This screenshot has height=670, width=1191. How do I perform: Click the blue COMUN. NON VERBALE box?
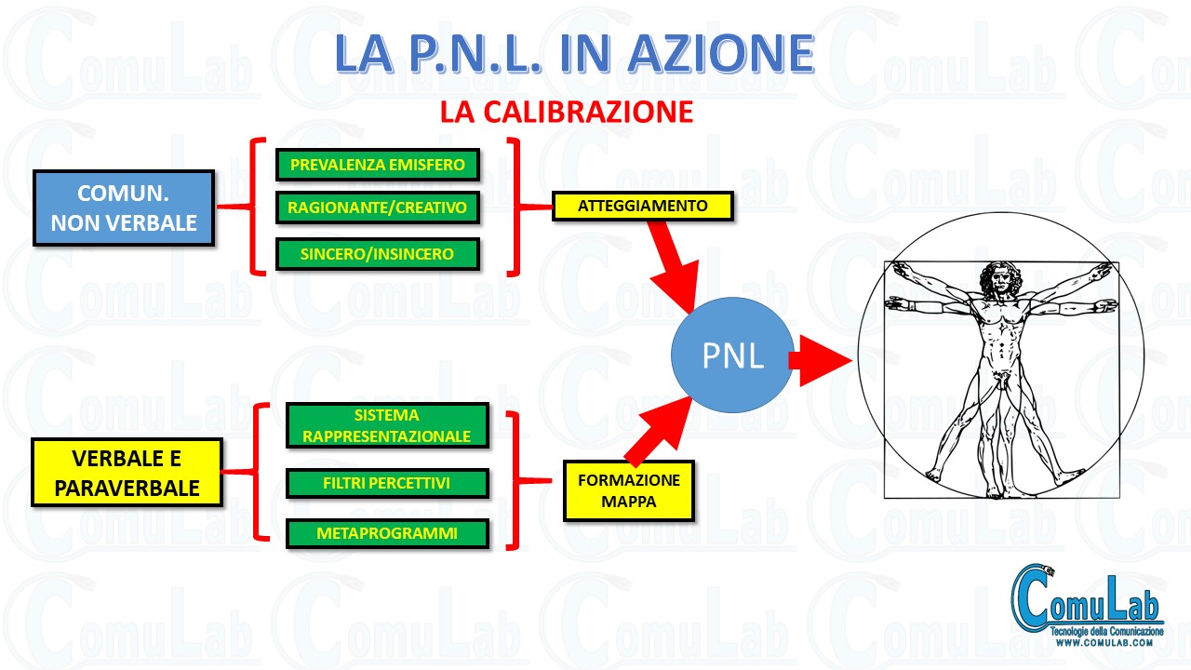[x=124, y=208]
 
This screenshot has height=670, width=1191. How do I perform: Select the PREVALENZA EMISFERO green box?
[x=378, y=165]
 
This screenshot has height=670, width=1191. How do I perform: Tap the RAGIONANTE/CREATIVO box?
[x=378, y=208]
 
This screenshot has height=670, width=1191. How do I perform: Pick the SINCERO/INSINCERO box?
[x=378, y=254]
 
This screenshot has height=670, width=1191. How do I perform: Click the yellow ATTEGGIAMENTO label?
[x=643, y=206]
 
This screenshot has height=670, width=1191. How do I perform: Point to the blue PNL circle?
[x=732, y=355]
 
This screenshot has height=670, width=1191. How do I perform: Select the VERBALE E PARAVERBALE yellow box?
[x=127, y=473]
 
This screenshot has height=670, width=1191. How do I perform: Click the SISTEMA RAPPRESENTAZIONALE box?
[x=387, y=425]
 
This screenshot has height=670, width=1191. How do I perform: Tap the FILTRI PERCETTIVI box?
[x=387, y=483]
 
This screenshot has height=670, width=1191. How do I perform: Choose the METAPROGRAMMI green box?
[x=387, y=533]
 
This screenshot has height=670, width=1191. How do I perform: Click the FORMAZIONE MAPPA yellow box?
[x=629, y=490]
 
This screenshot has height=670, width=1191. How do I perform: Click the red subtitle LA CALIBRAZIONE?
[x=567, y=113]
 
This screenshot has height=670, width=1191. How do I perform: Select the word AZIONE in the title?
[x=721, y=53]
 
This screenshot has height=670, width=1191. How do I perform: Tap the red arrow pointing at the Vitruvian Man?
[x=821, y=360]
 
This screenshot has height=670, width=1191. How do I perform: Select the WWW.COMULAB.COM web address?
[x=1104, y=643]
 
